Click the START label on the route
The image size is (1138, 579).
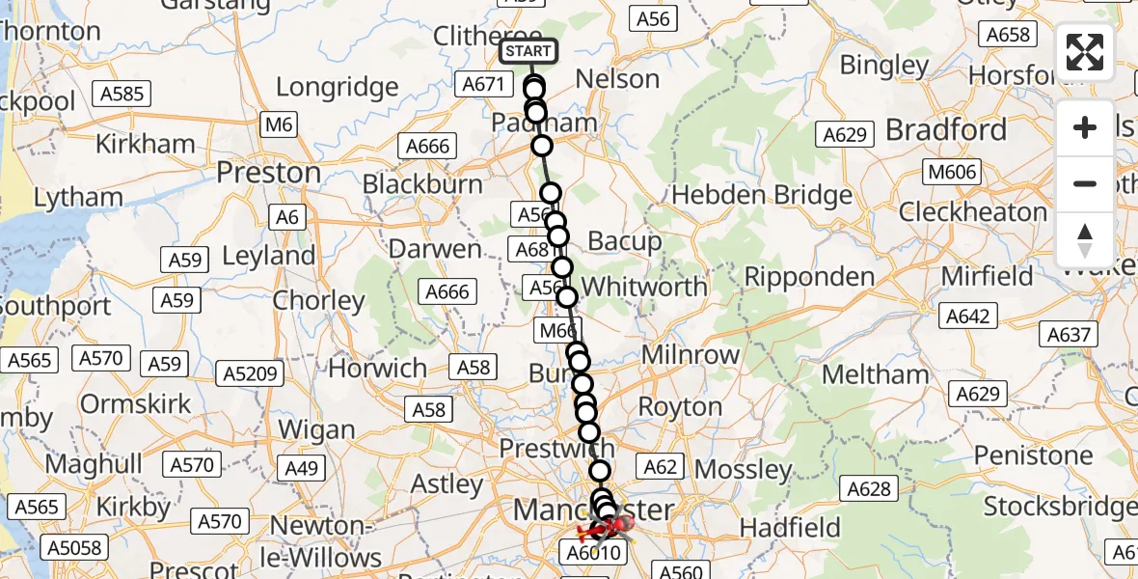coord(528,51)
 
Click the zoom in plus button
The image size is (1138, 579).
coord(1085,127)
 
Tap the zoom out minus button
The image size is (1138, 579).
coord(1085,183)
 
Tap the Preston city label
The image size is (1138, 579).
coord(268,173)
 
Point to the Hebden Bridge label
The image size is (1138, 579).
coord(762,194)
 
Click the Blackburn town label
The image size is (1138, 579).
coord(422,183)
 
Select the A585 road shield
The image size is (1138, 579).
coord(121,94)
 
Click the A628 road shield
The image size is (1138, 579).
coord(868,489)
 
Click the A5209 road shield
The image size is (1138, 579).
coord(250,374)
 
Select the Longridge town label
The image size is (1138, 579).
coord(337,87)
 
